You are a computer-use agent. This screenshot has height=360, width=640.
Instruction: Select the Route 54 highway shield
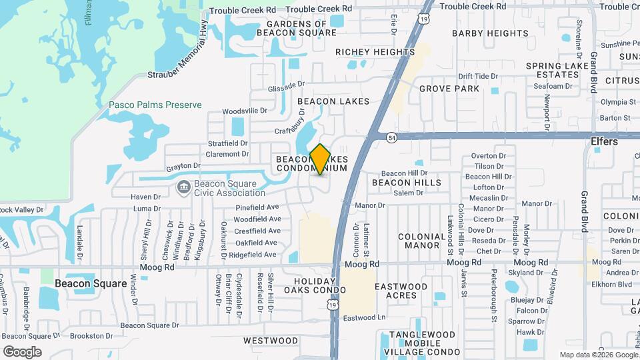pyautogui.click(x=391, y=137)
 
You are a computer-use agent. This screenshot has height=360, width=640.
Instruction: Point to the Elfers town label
pyautogui.click(x=604, y=142)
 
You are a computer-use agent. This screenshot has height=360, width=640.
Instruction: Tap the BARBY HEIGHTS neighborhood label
pyautogui.click(x=490, y=33)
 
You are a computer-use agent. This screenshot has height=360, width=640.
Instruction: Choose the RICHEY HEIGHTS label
pyautogui.click(x=375, y=52)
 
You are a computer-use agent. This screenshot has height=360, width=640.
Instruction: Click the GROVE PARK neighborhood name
pyautogui.click(x=449, y=89)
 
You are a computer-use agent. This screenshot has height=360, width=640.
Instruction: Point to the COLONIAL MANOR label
pyautogui.click(x=421, y=241)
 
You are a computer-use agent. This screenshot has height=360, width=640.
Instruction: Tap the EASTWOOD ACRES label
pyautogui.click(x=401, y=291)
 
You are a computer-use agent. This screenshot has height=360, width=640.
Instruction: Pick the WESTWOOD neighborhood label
pyautogui.click(x=271, y=341)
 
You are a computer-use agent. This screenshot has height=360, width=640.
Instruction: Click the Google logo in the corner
pyautogui.click(x=22, y=352)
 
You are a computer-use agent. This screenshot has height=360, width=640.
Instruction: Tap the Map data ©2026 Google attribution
pyautogui.click(x=598, y=355)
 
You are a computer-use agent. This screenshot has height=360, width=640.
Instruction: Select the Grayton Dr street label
pyautogui.click(x=183, y=165)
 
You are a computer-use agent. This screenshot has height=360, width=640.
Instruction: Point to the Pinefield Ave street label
pyautogui.click(x=257, y=207)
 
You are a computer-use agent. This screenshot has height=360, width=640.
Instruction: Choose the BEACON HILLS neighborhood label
pyautogui.click(x=406, y=183)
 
